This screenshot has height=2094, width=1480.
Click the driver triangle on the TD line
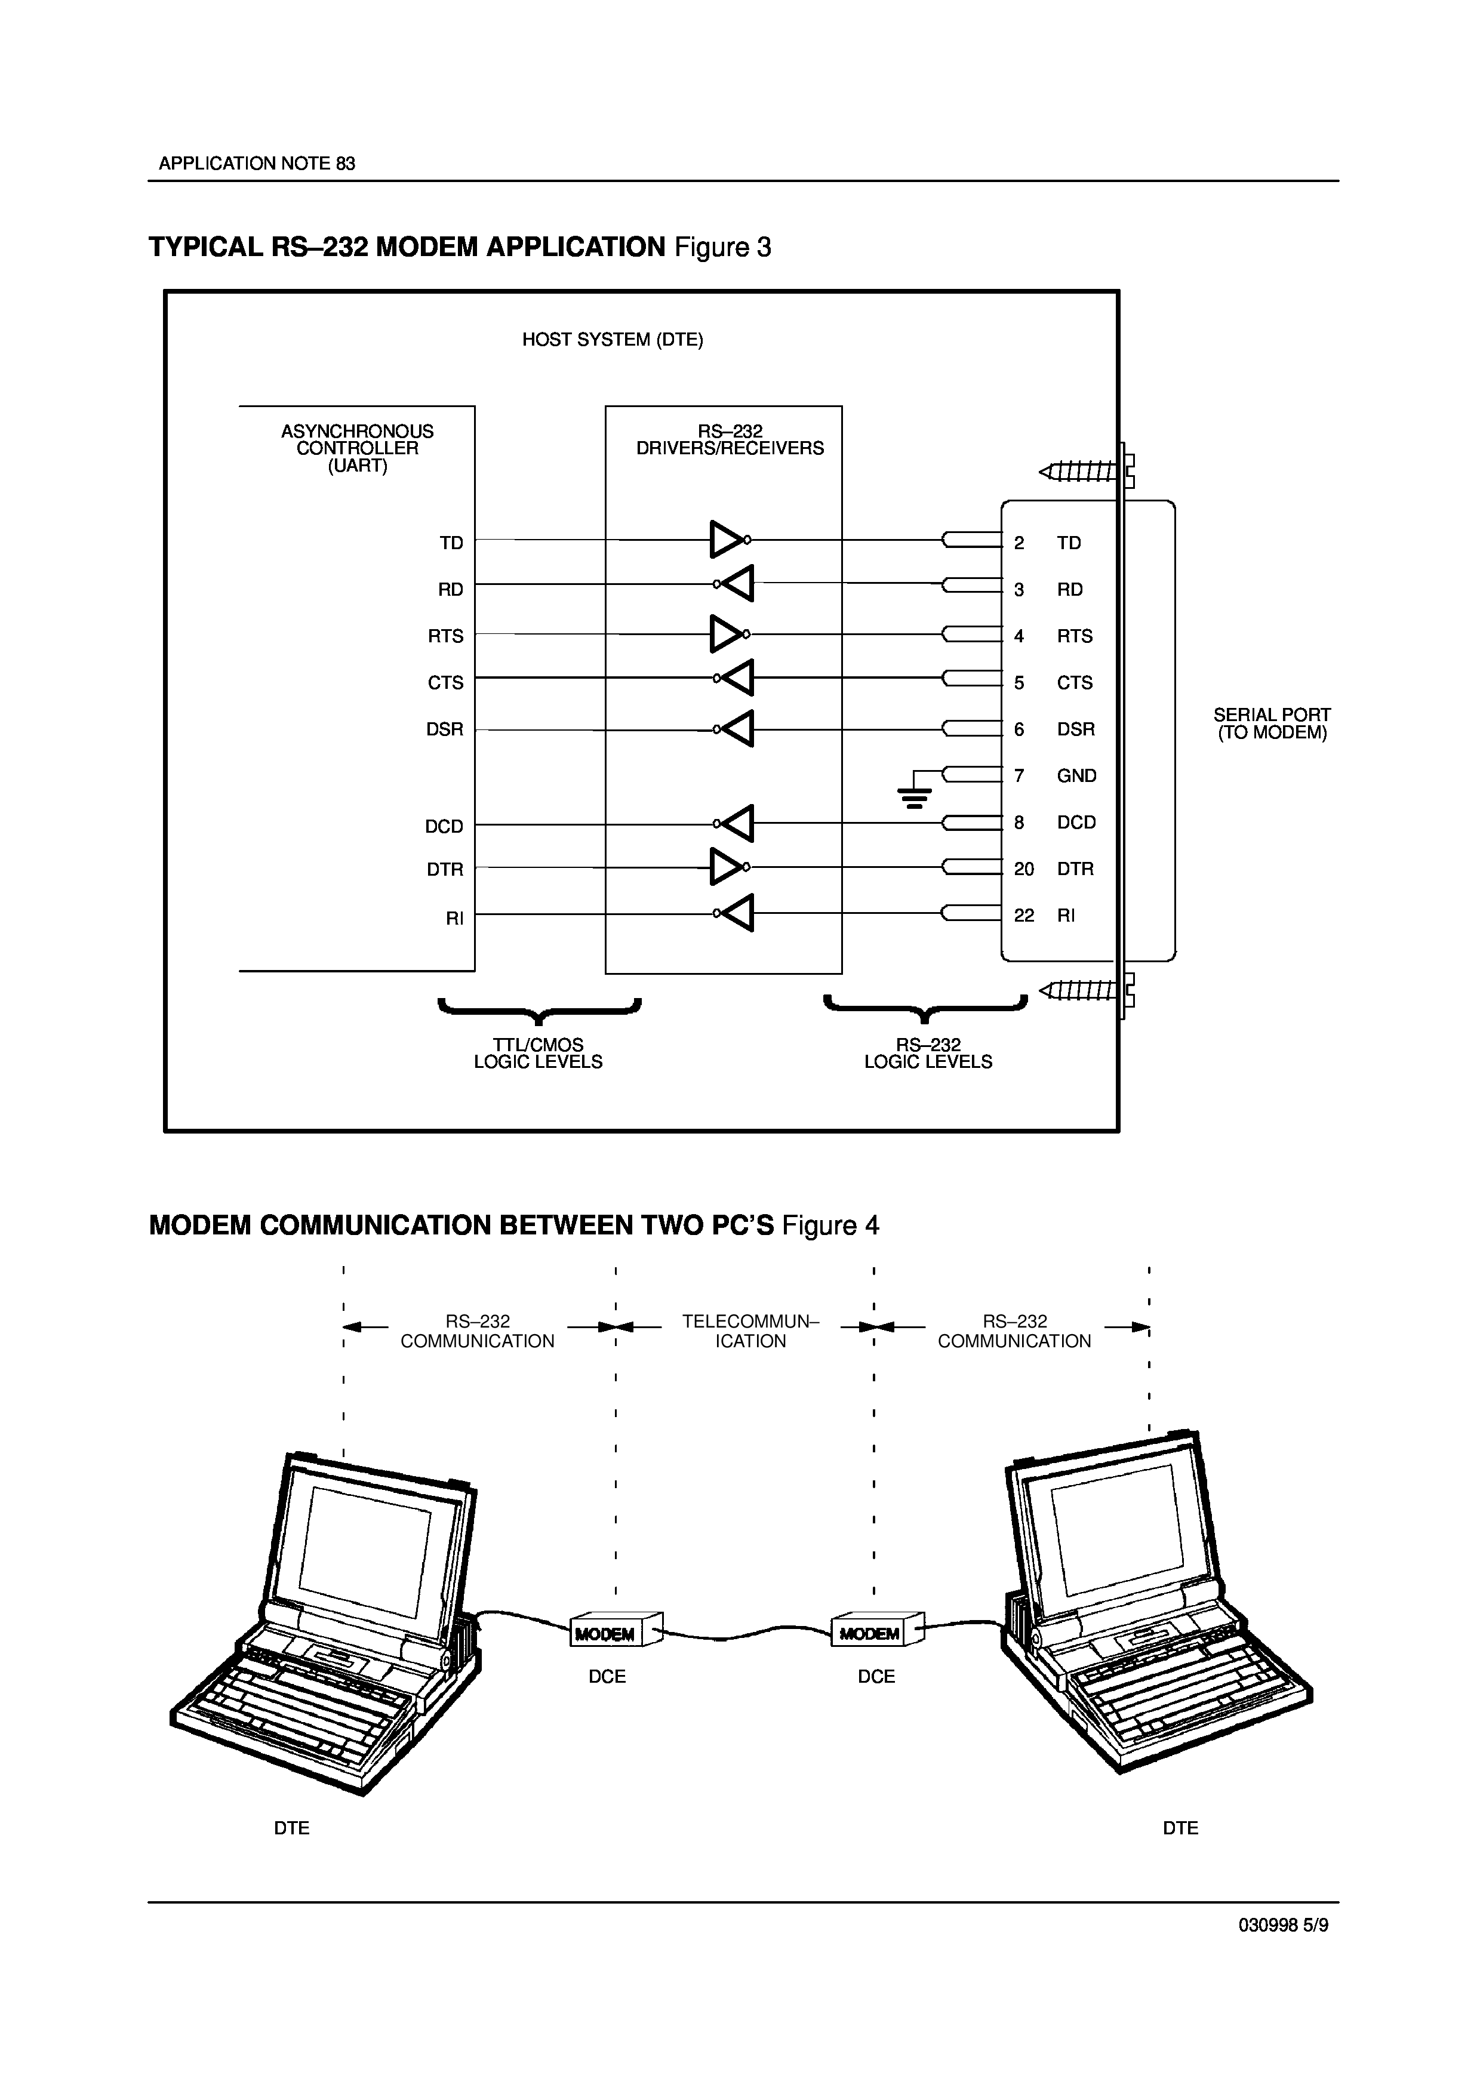727,540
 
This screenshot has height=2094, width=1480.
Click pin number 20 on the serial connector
1024,869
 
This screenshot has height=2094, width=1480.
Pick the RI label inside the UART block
454,919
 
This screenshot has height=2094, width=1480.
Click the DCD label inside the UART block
444,826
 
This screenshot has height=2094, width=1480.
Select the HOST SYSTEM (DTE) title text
612,340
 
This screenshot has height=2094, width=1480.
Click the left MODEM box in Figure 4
605,1633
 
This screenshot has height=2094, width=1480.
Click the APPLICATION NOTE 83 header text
257,164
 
